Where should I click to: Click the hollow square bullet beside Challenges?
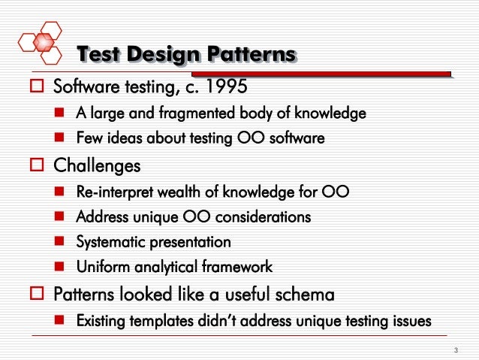(33, 165)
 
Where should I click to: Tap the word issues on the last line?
(411, 321)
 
